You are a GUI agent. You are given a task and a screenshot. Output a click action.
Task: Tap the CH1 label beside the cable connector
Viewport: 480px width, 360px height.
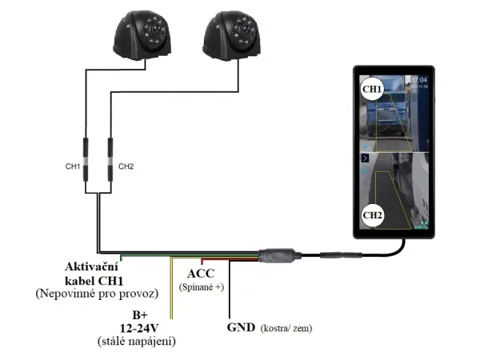[x=72, y=166]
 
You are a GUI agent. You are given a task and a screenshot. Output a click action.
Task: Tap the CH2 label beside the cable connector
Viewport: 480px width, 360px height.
[x=126, y=166]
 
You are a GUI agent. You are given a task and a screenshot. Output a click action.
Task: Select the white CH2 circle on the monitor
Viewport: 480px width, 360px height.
[x=373, y=214]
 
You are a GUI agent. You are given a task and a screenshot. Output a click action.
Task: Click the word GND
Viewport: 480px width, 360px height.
[x=241, y=327]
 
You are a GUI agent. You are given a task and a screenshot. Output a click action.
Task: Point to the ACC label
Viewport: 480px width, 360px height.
[x=201, y=274]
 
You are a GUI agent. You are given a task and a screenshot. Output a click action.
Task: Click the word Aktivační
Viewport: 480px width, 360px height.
[x=91, y=266]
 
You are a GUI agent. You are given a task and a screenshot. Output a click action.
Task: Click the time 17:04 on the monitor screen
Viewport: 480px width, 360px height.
[x=420, y=81]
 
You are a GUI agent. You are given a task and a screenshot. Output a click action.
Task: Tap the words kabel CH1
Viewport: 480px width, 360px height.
[x=91, y=279]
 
